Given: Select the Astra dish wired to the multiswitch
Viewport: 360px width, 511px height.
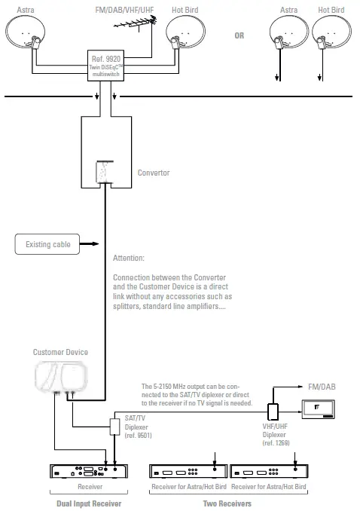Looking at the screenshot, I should (27, 35).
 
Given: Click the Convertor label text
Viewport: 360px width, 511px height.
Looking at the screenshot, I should (154, 173).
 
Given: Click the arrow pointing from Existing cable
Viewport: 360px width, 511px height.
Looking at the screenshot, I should (89, 244).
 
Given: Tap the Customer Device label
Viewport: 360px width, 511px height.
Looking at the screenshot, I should (59, 352).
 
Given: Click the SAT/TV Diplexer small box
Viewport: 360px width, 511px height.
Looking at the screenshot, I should (115, 426).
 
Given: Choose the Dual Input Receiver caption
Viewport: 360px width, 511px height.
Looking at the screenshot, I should (90, 503).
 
